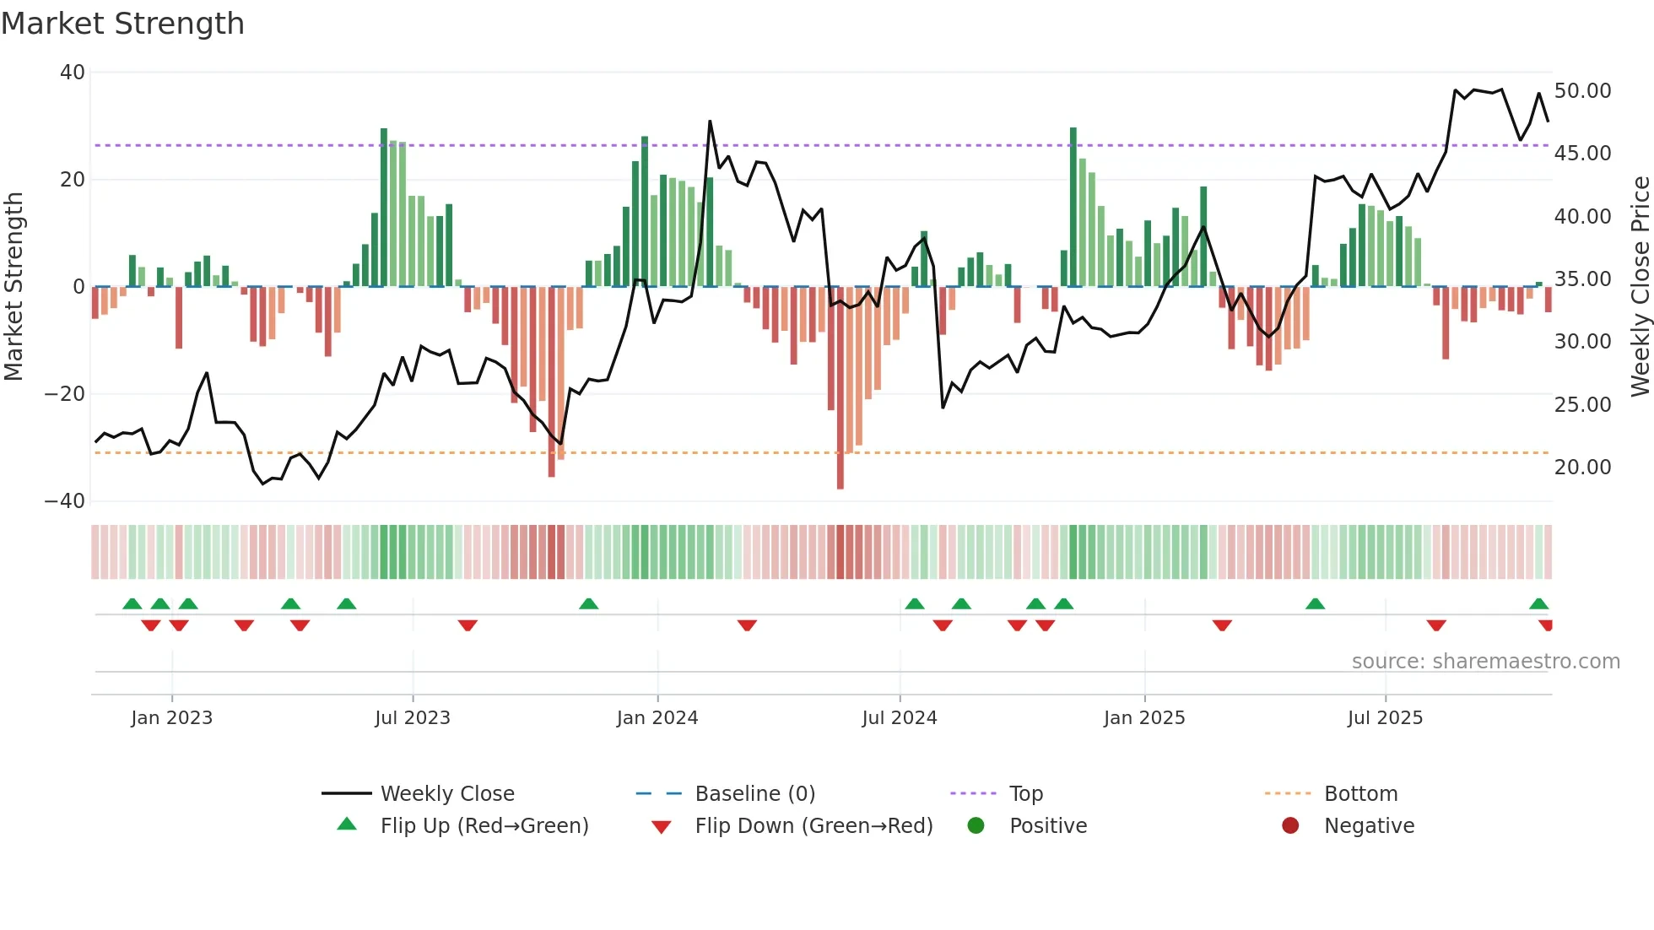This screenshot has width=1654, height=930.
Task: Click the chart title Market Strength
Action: pyautogui.click(x=122, y=24)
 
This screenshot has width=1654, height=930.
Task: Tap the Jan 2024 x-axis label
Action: pyautogui.click(x=657, y=718)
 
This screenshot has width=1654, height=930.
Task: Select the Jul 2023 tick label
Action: pyautogui.click(x=413, y=718)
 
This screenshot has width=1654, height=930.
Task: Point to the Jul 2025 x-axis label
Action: pyautogui.click(x=1385, y=718)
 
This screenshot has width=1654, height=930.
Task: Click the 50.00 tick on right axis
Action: pyautogui.click(x=1582, y=91)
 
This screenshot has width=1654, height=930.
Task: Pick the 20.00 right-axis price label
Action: pyautogui.click(x=1582, y=468)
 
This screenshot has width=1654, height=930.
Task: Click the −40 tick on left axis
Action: pyautogui.click(x=65, y=501)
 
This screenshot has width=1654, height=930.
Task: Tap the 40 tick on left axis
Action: pyautogui.click(x=73, y=73)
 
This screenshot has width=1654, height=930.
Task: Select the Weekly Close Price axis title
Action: pyautogui.click(x=1640, y=287)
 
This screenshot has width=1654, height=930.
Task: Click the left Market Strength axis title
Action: pyautogui.click(x=14, y=287)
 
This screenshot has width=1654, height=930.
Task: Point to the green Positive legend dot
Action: pyautogui.click(x=976, y=826)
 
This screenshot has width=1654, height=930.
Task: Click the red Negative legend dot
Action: pyautogui.click(x=1290, y=826)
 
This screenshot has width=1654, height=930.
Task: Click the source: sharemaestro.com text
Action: pyautogui.click(x=1485, y=662)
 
